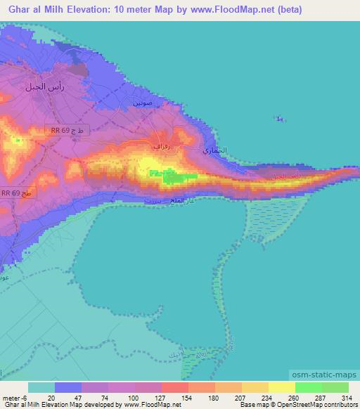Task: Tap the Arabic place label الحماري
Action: tap(213, 151)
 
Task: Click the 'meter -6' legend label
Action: tap(14, 396)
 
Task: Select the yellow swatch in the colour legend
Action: tap(281, 387)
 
